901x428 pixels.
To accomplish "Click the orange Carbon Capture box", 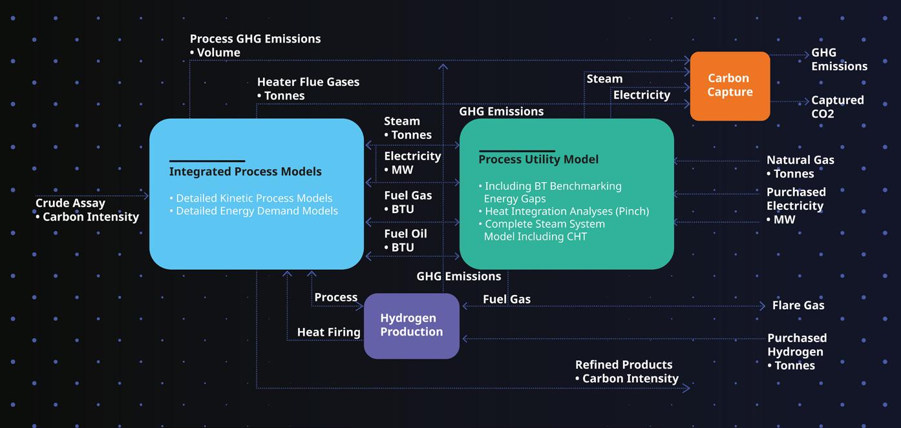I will pyautogui.click(x=730, y=85).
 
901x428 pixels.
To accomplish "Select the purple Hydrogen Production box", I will pyautogui.click(x=411, y=325).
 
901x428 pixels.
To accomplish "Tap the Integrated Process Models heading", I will pyautogui.click(x=245, y=172).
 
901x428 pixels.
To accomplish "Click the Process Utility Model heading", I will pyautogui.click(x=538, y=159).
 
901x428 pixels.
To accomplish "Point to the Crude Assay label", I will pyautogui.click(x=70, y=203).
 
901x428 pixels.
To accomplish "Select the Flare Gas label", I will pyautogui.click(x=798, y=305).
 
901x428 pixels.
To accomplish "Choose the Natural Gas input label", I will pyautogui.click(x=800, y=160).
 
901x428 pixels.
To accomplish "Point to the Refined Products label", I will pyautogui.click(x=624, y=365).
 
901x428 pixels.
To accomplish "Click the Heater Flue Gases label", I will pyautogui.click(x=308, y=82).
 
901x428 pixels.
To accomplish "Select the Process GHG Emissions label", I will pyautogui.click(x=255, y=39).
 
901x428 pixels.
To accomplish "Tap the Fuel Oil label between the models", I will pyautogui.click(x=405, y=234).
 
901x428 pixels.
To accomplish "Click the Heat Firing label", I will pyautogui.click(x=328, y=332).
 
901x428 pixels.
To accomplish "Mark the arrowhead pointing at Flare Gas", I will pyautogui.click(x=762, y=307).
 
